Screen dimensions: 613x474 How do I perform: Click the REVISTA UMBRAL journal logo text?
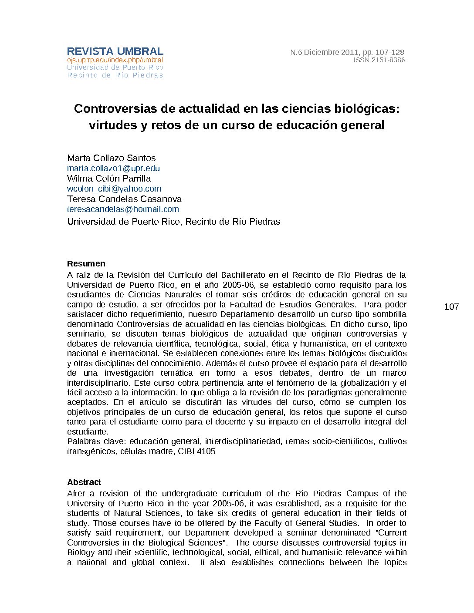[115, 51]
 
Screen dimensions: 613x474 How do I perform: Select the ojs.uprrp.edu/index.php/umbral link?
[115, 60]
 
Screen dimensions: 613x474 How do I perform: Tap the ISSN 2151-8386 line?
[379, 60]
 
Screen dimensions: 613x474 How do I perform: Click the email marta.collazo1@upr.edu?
[113, 168]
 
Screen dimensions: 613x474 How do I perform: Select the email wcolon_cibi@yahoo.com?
[114, 189]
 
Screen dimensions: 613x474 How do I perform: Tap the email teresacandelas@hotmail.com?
[123, 209]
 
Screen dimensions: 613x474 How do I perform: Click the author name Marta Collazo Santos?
[111, 158]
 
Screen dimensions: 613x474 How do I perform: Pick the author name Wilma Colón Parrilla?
[109, 179]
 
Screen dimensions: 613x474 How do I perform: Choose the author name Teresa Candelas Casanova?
[124, 199]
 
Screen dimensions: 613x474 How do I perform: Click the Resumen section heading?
[86, 263]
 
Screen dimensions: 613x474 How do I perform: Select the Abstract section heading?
[84, 482]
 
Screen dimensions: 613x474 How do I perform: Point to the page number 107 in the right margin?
[451, 307]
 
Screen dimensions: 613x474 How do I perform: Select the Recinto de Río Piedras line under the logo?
[115, 75]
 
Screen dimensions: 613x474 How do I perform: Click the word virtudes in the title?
[112, 125]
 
